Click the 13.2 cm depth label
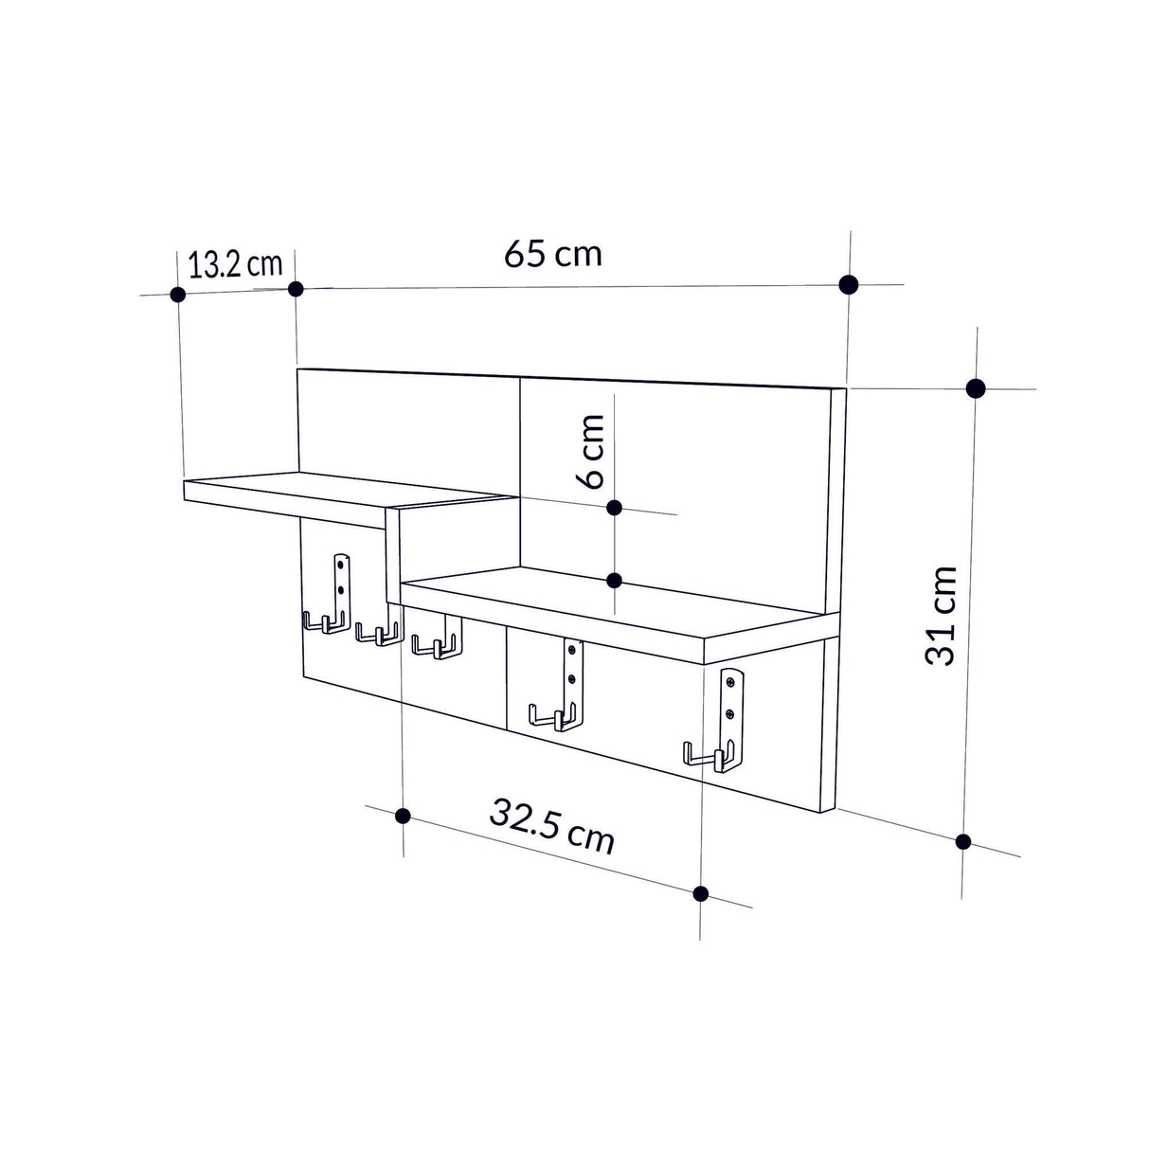click(x=235, y=263)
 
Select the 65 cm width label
click(x=553, y=254)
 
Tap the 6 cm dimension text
click(x=591, y=450)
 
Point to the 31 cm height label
click(x=943, y=616)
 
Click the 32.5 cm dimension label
click(x=552, y=824)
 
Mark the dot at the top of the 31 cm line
click(x=976, y=387)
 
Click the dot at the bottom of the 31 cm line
click(x=964, y=841)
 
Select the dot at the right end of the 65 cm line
click(x=849, y=283)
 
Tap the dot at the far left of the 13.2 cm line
click(x=177, y=294)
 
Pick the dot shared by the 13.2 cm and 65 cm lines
click(x=296, y=288)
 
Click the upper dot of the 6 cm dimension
click(x=614, y=508)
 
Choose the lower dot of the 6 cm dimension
click(x=614, y=580)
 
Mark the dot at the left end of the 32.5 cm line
click(x=403, y=815)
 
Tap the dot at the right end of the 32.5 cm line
click(x=701, y=892)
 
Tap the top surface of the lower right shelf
click(x=616, y=606)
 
